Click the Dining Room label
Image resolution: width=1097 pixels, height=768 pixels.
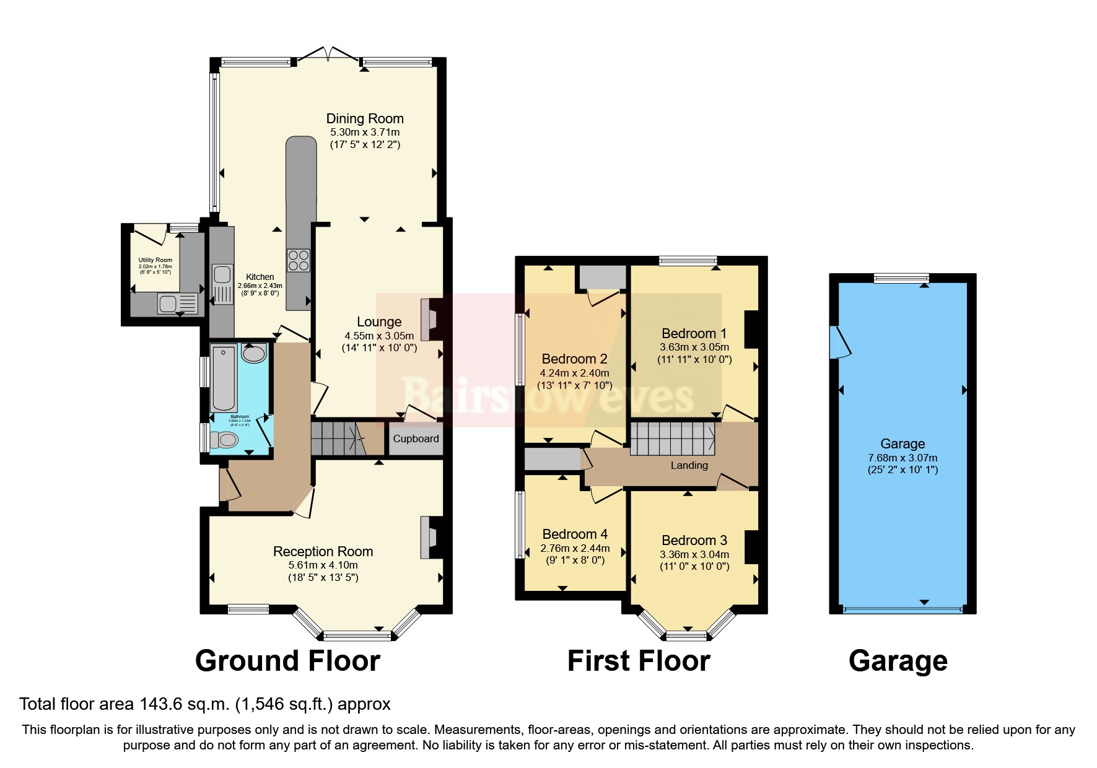pyautogui.click(x=365, y=118)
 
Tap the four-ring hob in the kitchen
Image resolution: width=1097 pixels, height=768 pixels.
pyautogui.click(x=298, y=260)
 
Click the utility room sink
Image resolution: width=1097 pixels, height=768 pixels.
pyautogui.click(x=168, y=304)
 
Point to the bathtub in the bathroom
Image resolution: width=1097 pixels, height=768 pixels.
pyautogui.click(x=223, y=378)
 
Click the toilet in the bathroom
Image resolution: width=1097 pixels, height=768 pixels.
pyautogui.click(x=224, y=440)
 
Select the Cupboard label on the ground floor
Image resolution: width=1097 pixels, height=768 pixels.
pyautogui.click(x=416, y=439)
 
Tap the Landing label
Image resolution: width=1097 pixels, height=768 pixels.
pyautogui.click(x=689, y=465)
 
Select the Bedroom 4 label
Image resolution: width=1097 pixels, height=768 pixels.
pyautogui.click(x=575, y=534)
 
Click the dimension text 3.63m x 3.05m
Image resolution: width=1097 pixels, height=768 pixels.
pyautogui.click(x=694, y=347)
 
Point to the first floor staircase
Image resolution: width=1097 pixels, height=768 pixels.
pyautogui.click(x=673, y=439)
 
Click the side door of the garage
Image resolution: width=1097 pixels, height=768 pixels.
pyautogui.click(x=841, y=342)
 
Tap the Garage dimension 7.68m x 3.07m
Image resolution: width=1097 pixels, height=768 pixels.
pyautogui.click(x=903, y=458)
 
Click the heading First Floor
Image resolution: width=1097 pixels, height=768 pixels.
pyautogui.click(x=638, y=661)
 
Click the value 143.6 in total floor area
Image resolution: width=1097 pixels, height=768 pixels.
pyautogui.click(x=152, y=704)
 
